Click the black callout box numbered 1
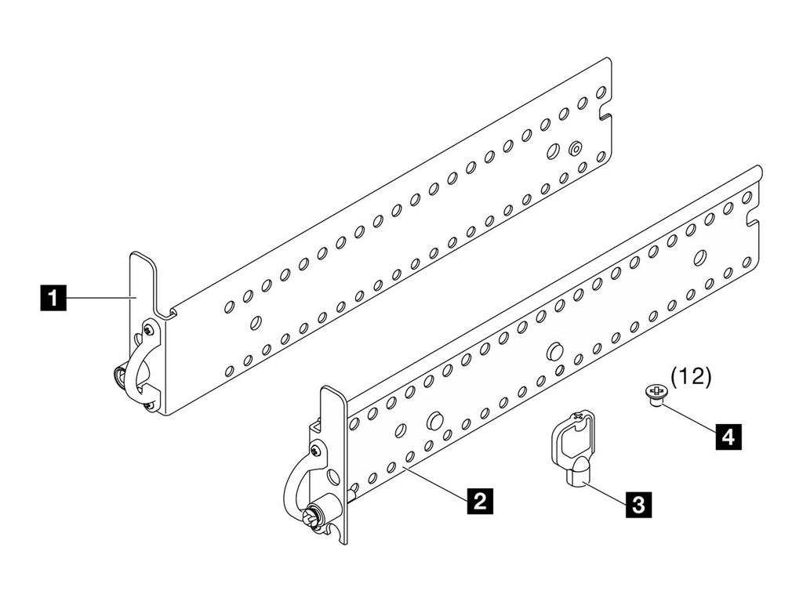tap(53, 299)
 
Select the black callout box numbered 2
tap(479, 499)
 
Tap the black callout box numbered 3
tap(638, 502)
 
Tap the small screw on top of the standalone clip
tap(579, 417)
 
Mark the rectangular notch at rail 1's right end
tap(606, 118)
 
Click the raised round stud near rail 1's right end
tap(576, 147)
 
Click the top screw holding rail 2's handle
tap(314, 451)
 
